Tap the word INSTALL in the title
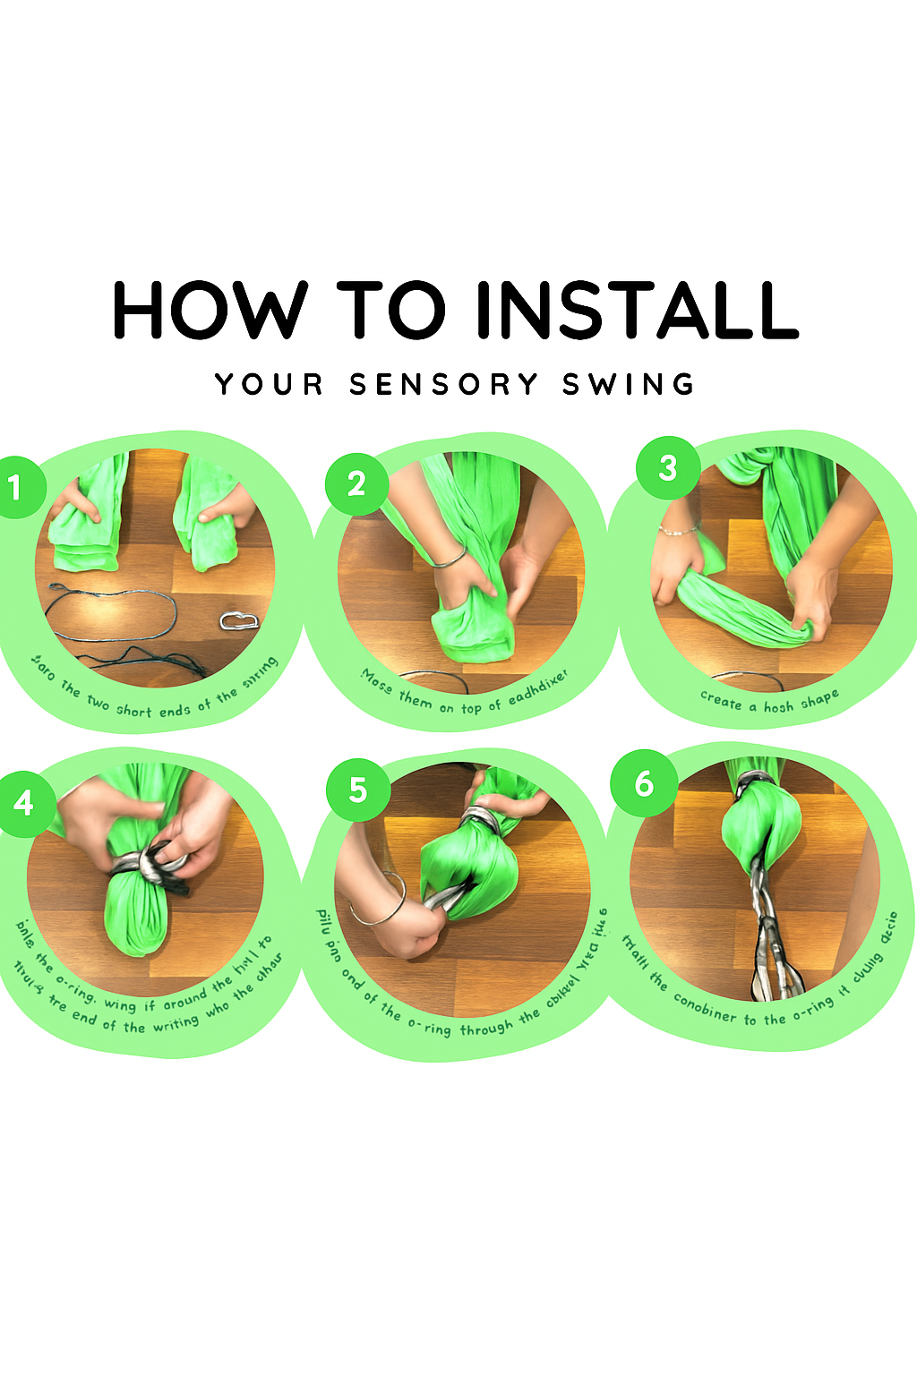click(636, 310)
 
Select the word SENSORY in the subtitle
click(444, 385)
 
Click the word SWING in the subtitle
click(628, 385)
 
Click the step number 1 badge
click(15, 487)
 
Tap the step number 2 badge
click(356, 483)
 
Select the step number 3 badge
click(667, 467)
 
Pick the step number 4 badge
click(24, 802)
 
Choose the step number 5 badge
click(357, 790)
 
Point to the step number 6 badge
click(644, 784)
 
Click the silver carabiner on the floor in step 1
click(239, 619)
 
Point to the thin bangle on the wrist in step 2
click(450, 560)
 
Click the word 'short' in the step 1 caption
click(133, 710)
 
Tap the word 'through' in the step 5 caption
click(486, 1028)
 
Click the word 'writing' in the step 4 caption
click(176, 1022)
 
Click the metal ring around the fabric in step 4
click(148, 865)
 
